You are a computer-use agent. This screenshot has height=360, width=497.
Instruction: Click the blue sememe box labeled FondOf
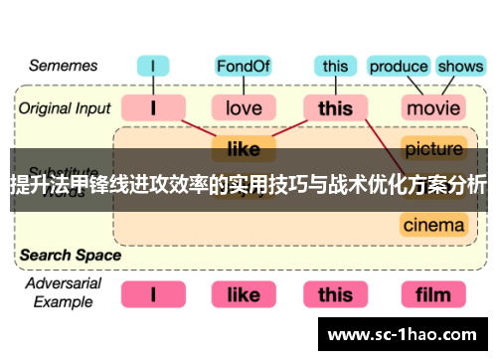click(244, 67)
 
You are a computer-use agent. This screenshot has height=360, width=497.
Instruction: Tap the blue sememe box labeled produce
click(399, 67)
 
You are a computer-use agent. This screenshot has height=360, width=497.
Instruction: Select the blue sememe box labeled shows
click(459, 67)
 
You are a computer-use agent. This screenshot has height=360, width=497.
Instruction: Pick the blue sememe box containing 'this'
click(335, 67)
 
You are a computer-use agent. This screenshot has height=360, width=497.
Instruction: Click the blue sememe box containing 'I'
click(154, 67)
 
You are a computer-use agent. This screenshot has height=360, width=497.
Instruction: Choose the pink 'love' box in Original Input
click(244, 107)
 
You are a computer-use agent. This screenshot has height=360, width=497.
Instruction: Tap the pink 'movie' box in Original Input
click(433, 107)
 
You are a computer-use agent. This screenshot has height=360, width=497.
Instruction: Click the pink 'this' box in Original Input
click(335, 107)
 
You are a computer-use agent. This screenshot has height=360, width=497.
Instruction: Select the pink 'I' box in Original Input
click(154, 107)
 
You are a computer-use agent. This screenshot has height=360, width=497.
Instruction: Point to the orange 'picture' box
click(433, 149)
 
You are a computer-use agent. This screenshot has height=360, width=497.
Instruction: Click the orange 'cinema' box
click(433, 225)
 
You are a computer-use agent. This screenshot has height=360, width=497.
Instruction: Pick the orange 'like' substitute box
click(244, 149)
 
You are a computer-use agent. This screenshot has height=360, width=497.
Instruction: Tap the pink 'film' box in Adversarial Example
click(433, 294)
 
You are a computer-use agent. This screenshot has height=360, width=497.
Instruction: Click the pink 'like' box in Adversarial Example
click(244, 294)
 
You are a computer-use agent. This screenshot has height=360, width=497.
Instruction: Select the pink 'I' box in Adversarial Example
click(154, 294)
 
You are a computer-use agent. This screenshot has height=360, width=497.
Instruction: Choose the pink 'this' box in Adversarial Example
click(335, 294)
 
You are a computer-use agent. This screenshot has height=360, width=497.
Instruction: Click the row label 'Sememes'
click(62, 66)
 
